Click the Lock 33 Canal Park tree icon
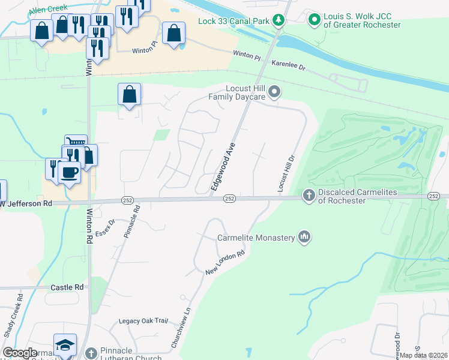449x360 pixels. pos(278,21)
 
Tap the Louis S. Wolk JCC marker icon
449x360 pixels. pos(314,20)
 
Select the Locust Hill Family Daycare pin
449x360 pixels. pos(274,92)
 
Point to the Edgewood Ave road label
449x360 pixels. pos(222,167)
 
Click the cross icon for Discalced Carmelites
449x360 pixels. pos(309,195)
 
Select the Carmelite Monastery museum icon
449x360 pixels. pos(305,238)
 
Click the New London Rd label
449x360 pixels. pos(226,263)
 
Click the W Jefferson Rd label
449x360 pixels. pos(26,203)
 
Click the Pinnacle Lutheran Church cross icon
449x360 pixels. pos(91,353)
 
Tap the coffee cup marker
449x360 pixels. pos(69,173)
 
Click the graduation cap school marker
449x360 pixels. pos(65,345)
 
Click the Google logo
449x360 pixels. pos(20,353)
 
